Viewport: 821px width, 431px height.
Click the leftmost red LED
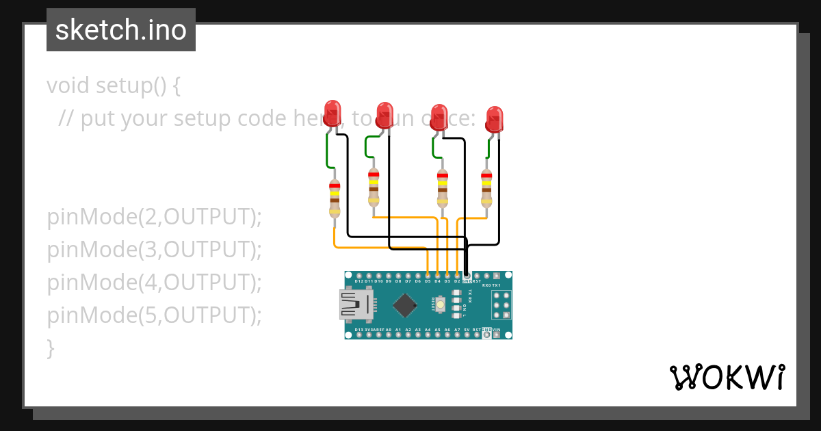(333, 112)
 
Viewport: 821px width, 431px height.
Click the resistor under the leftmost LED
(335, 198)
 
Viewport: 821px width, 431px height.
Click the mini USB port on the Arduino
(355, 304)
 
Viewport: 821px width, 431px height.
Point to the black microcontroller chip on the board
(406, 305)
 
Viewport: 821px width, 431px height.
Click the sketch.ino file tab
(121, 30)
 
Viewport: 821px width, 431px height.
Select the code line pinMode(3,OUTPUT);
(155, 250)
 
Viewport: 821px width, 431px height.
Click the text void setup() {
(114, 86)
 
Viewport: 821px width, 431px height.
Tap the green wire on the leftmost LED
(328, 151)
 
